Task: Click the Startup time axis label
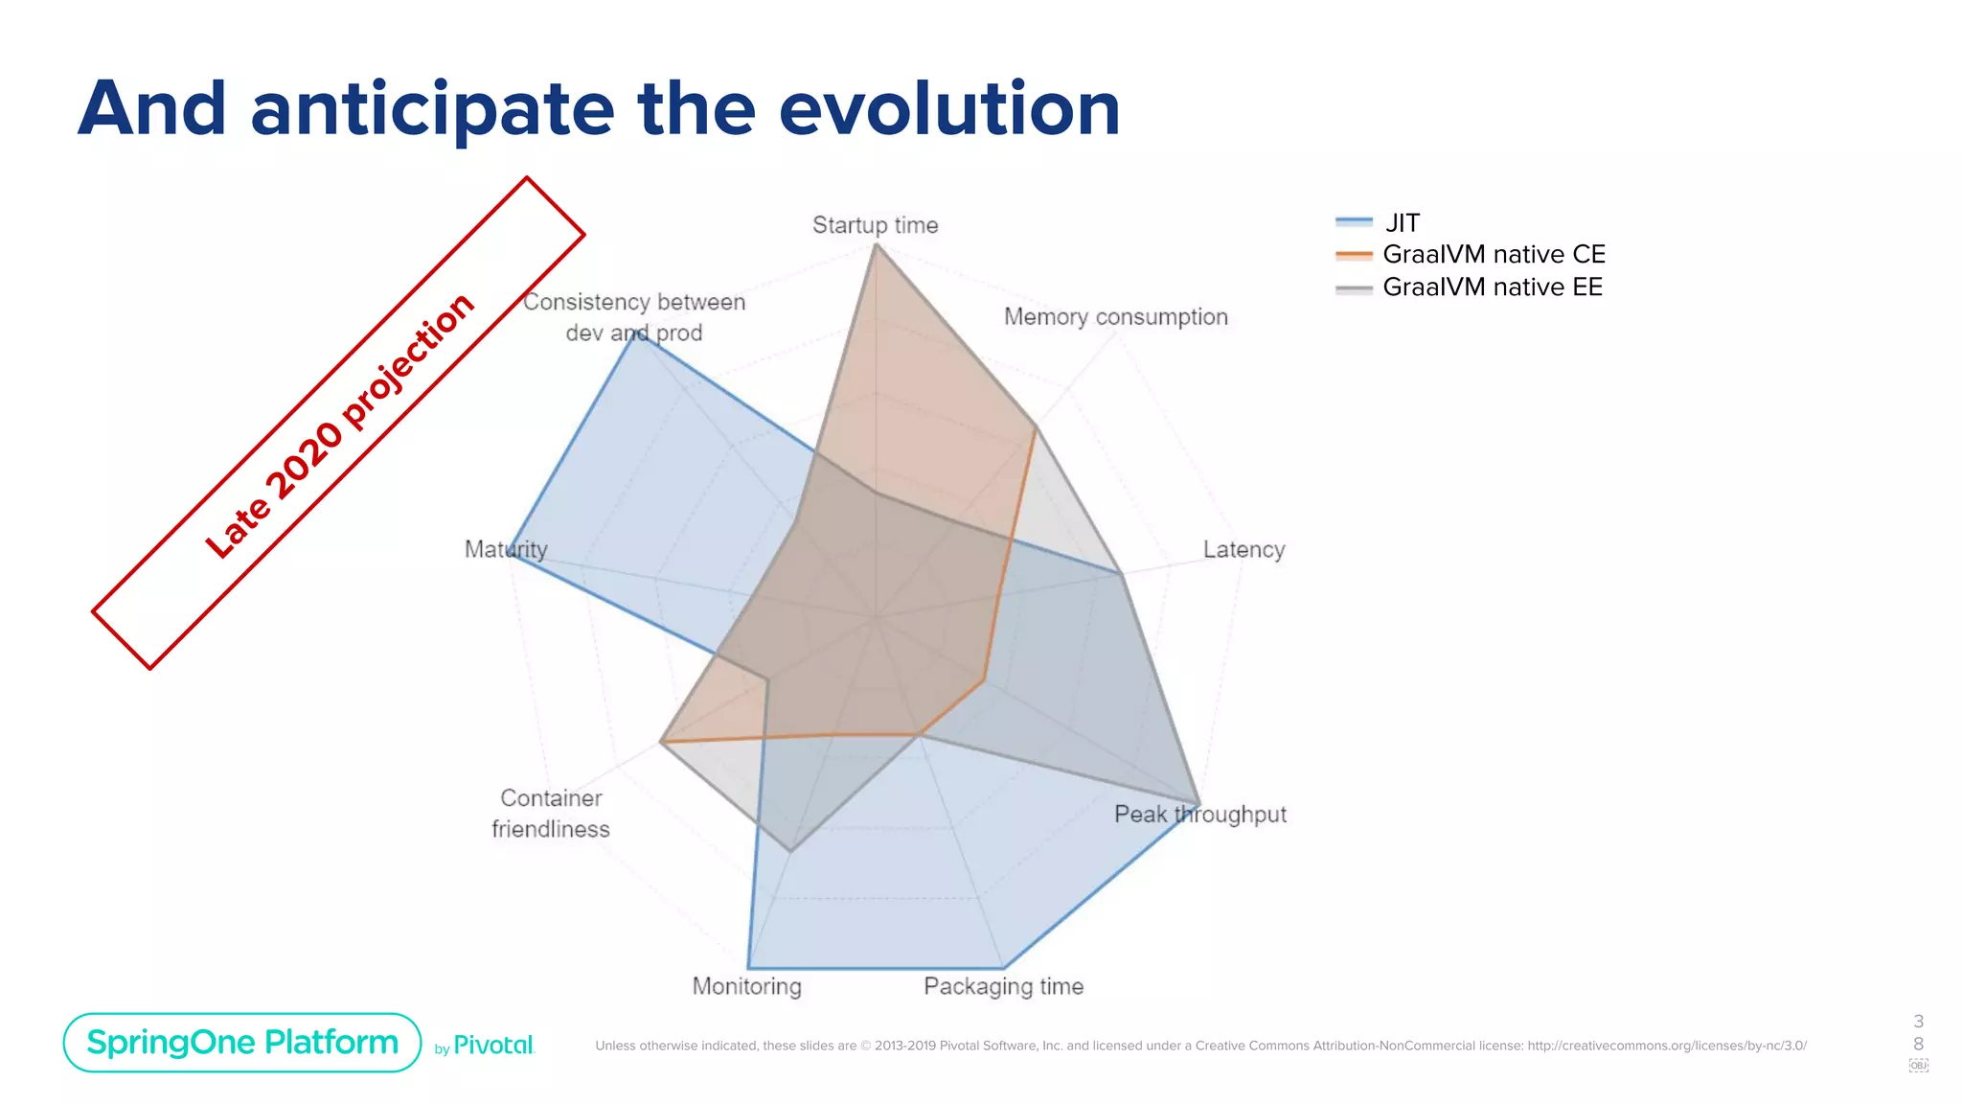pyautogui.click(x=875, y=225)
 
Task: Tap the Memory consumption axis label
pyautogui.click(x=1115, y=317)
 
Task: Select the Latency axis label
pyautogui.click(x=1243, y=549)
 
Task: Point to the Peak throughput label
pyautogui.click(x=1199, y=815)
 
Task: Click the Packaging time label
pyautogui.click(x=1003, y=986)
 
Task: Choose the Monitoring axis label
pyautogui.click(x=746, y=986)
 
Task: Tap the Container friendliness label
pyautogui.click(x=551, y=814)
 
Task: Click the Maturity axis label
pyautogui.click(x=506, y=549)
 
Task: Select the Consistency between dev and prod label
pyautogui.click(x=633, y=317)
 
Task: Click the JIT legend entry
pyautogui.click(x=1402, y=223)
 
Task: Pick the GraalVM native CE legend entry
pyautogui.click(x=1493, y=255)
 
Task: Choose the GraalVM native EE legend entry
pyautogui.click(x=1492, y=287)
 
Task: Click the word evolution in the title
pyautogui.click(x=949, y=108)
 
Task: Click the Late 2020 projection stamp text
pyautogui.click(x=339, y=425)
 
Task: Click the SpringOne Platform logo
pyautogui.click(x=242, y=1043)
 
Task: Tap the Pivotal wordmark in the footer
pyautogui.click(x=492, y=1046)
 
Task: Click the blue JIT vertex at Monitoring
pyautogui.click(x=749, y=967)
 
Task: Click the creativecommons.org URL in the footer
pyautogui.click(x=1666, y=1046)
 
